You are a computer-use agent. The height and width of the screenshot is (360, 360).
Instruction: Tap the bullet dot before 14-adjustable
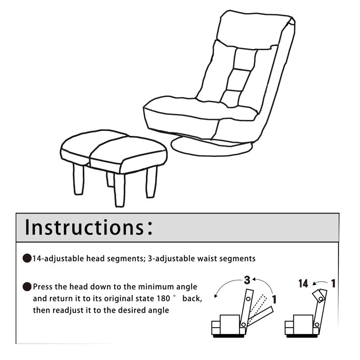pos(27,259)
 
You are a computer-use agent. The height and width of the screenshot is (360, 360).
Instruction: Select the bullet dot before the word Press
pos(27,287)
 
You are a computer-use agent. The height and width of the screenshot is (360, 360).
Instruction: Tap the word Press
pos(45,287)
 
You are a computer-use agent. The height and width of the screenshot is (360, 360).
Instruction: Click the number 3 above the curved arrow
pos(247,280)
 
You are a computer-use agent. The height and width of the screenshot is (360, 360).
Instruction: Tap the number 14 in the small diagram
pos(303,283)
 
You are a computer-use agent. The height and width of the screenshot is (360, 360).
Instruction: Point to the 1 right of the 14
pos(333,283)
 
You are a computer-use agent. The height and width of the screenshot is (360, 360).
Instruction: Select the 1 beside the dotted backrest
pos(274,299)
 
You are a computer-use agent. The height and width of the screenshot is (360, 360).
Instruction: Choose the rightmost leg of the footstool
pos(152,182)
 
